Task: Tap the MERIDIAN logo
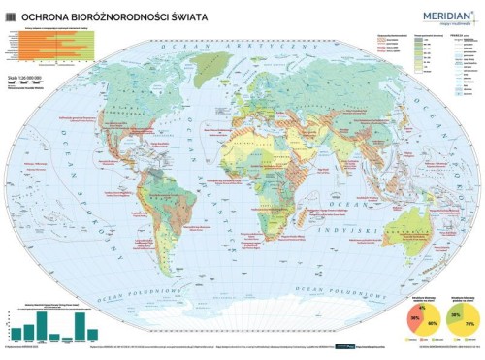(x=442, y=14)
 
